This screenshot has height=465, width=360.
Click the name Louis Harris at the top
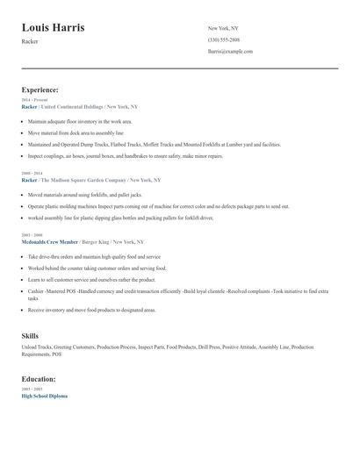pos(54,28)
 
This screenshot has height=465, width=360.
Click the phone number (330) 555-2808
pos(223,39)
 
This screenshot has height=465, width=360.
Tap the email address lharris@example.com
pos(230,52)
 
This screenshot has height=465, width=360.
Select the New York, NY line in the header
pos(223,28)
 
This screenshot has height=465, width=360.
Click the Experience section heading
pos(40,89)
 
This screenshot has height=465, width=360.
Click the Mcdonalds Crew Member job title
pos(49,241)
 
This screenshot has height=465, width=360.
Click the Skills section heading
pos(30,336)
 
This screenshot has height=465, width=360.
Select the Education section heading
pos(39,379)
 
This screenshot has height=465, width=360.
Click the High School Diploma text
pos(44,396)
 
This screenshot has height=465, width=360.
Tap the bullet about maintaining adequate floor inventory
pos(80,122)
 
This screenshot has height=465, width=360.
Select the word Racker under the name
pos(30,42)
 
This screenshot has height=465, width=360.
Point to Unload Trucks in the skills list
pos(36,347)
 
